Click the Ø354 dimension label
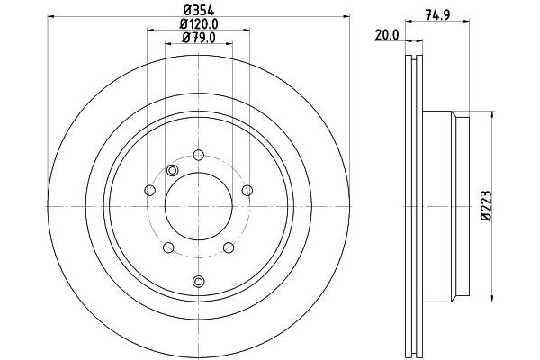click(x=198, y=11)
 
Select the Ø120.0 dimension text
click(x=198, y=25)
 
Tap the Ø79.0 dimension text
click(x=198, y=38)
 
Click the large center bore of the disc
click(x=198, y=191)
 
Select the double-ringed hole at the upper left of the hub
click(x=173, y=171)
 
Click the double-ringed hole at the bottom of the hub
click(x=198, y=282)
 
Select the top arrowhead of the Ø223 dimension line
click(x=492, y=116)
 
